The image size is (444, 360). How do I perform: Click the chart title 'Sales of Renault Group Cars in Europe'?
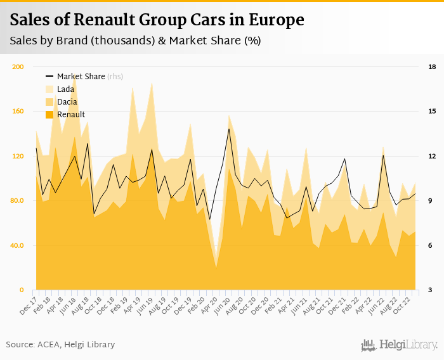[x=157, y=20]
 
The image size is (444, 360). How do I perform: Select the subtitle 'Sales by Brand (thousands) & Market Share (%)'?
[x=135, y=41]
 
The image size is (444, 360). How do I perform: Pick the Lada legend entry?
[x=65, y=89]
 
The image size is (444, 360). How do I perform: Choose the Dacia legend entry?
[x=67, y=101]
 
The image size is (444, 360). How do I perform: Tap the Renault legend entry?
[x=70, y=114]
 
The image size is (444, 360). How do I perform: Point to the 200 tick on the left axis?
[x=18, y=67]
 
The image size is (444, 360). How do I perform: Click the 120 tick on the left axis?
[x=18, y=156]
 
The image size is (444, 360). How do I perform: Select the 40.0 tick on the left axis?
[x=18, y=245]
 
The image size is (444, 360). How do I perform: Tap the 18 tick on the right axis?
[x=431, y=67]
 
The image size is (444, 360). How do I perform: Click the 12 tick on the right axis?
[x=431, y=156]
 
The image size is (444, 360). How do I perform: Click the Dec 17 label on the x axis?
[x=29, y=303]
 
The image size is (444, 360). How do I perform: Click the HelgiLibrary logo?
[x=400, y=345]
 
